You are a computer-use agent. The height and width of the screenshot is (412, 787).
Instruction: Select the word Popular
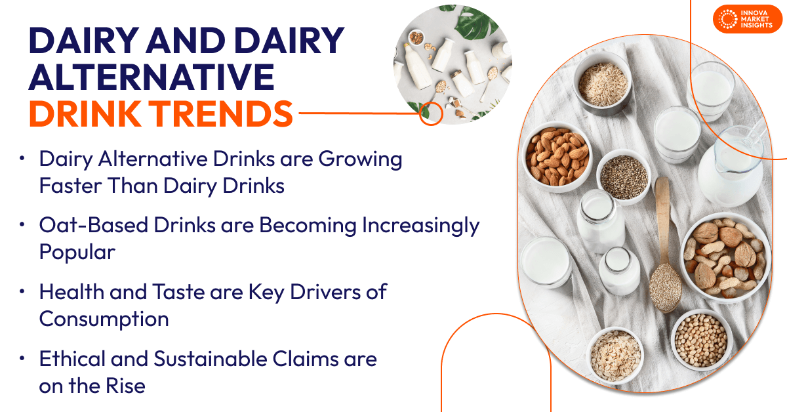[77, 252]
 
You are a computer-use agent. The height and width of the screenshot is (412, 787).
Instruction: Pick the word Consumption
[104, 319]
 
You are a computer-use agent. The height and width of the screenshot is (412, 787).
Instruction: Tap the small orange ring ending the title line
[431, 113]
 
